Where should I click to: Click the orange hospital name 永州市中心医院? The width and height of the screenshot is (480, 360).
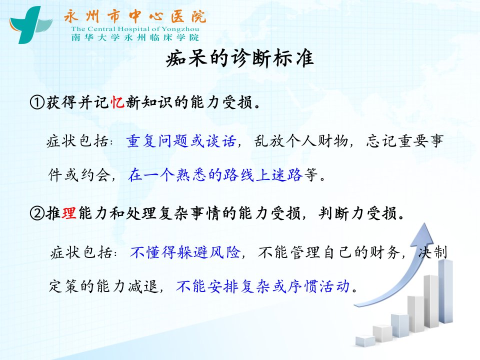(135, 16)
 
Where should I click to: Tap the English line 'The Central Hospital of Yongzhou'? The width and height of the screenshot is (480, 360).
(135, 29)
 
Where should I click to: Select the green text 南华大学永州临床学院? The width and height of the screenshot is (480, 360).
(135, 37)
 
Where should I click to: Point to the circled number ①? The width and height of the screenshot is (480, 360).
(37, 102)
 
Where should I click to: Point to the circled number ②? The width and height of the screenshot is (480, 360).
(37, 213)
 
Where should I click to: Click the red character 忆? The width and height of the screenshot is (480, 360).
(117, 102)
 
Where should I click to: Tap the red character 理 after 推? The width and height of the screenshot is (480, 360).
(69, 213)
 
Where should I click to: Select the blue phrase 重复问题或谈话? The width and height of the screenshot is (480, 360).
(181, 141)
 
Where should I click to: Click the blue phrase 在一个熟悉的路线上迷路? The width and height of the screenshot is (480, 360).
(215, 175)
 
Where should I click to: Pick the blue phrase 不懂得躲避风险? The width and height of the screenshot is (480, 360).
(185, 252)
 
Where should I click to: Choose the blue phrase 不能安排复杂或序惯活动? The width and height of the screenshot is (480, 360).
(263, 286)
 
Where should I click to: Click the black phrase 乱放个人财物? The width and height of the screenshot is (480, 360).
(301, 141)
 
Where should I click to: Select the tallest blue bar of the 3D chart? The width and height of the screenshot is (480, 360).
(445, 291)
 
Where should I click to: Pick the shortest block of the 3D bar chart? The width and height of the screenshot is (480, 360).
(365, 341)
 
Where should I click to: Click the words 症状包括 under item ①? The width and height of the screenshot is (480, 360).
(77, 141)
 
